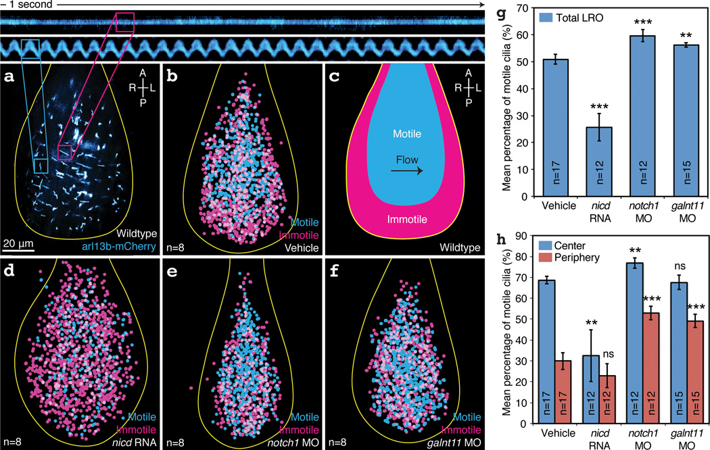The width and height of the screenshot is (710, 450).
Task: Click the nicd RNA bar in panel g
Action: tap(598, 161)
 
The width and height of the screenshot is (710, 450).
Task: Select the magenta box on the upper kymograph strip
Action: tap(126, 22)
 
